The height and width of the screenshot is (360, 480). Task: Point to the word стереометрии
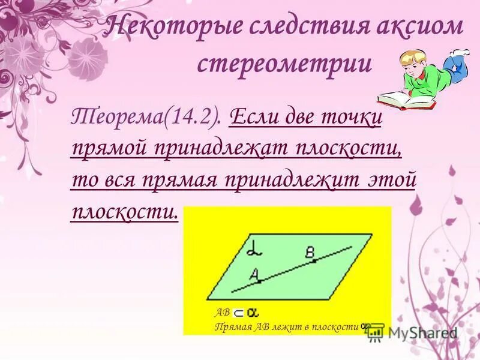(284, 64)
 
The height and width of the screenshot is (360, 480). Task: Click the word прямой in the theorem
(109, 148)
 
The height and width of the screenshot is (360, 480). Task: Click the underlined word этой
(394, 179)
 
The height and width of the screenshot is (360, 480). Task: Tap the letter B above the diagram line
(310, 255)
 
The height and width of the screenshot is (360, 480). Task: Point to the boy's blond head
(415, 61)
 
